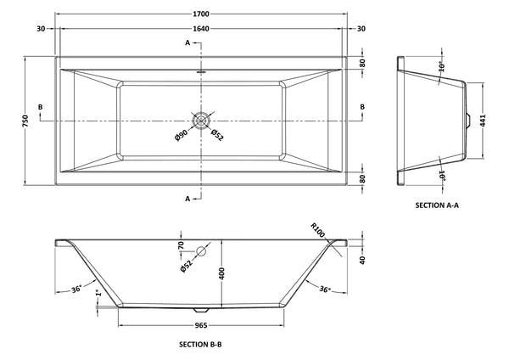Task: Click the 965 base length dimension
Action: (x=201, y=323)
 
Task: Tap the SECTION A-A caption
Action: (x=438, y=205)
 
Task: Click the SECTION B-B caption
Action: (x=201, y=344)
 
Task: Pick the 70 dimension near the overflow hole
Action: (x=181, y=247)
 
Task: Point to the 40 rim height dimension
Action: (x=363, y=260)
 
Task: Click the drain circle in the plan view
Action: (x=201, y=121)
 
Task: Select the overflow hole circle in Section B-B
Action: (x=201, y=252)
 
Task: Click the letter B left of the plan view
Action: (x=40, y=106)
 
